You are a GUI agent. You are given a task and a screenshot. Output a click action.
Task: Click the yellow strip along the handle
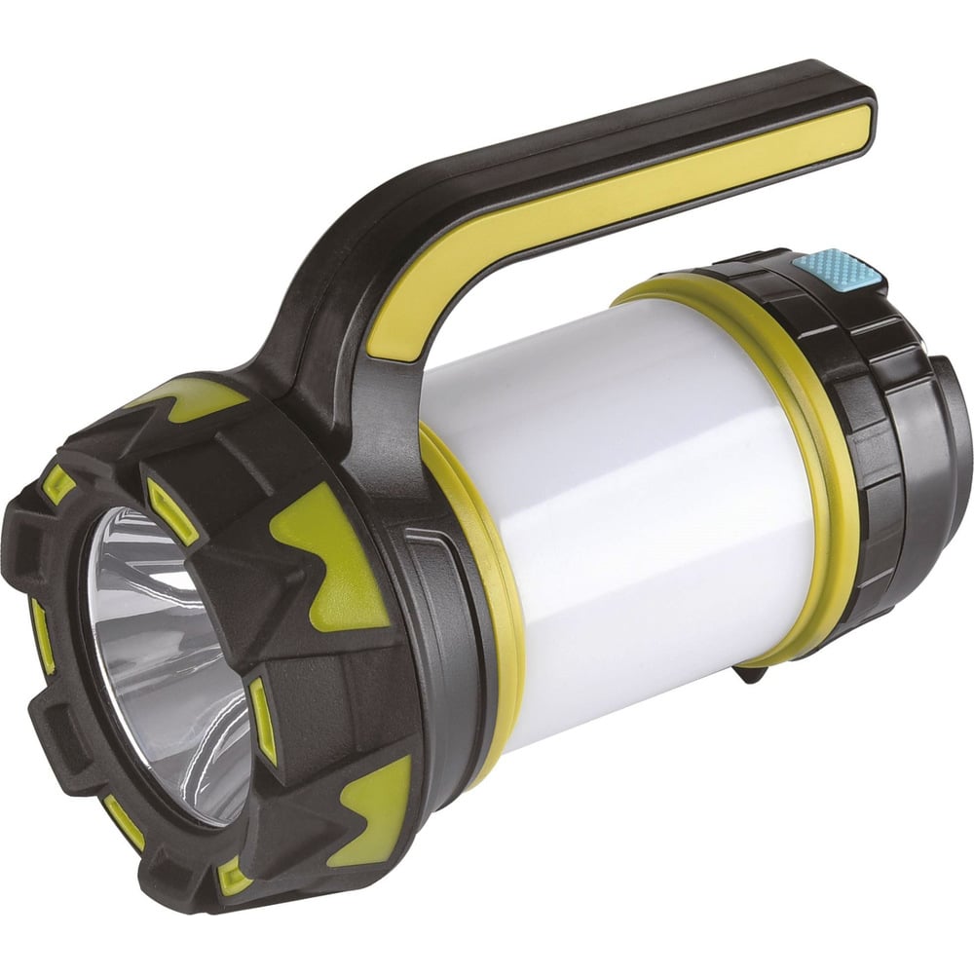(x=623, y=224)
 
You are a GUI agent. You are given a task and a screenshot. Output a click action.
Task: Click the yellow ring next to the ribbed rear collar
(x=828, y=468)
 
